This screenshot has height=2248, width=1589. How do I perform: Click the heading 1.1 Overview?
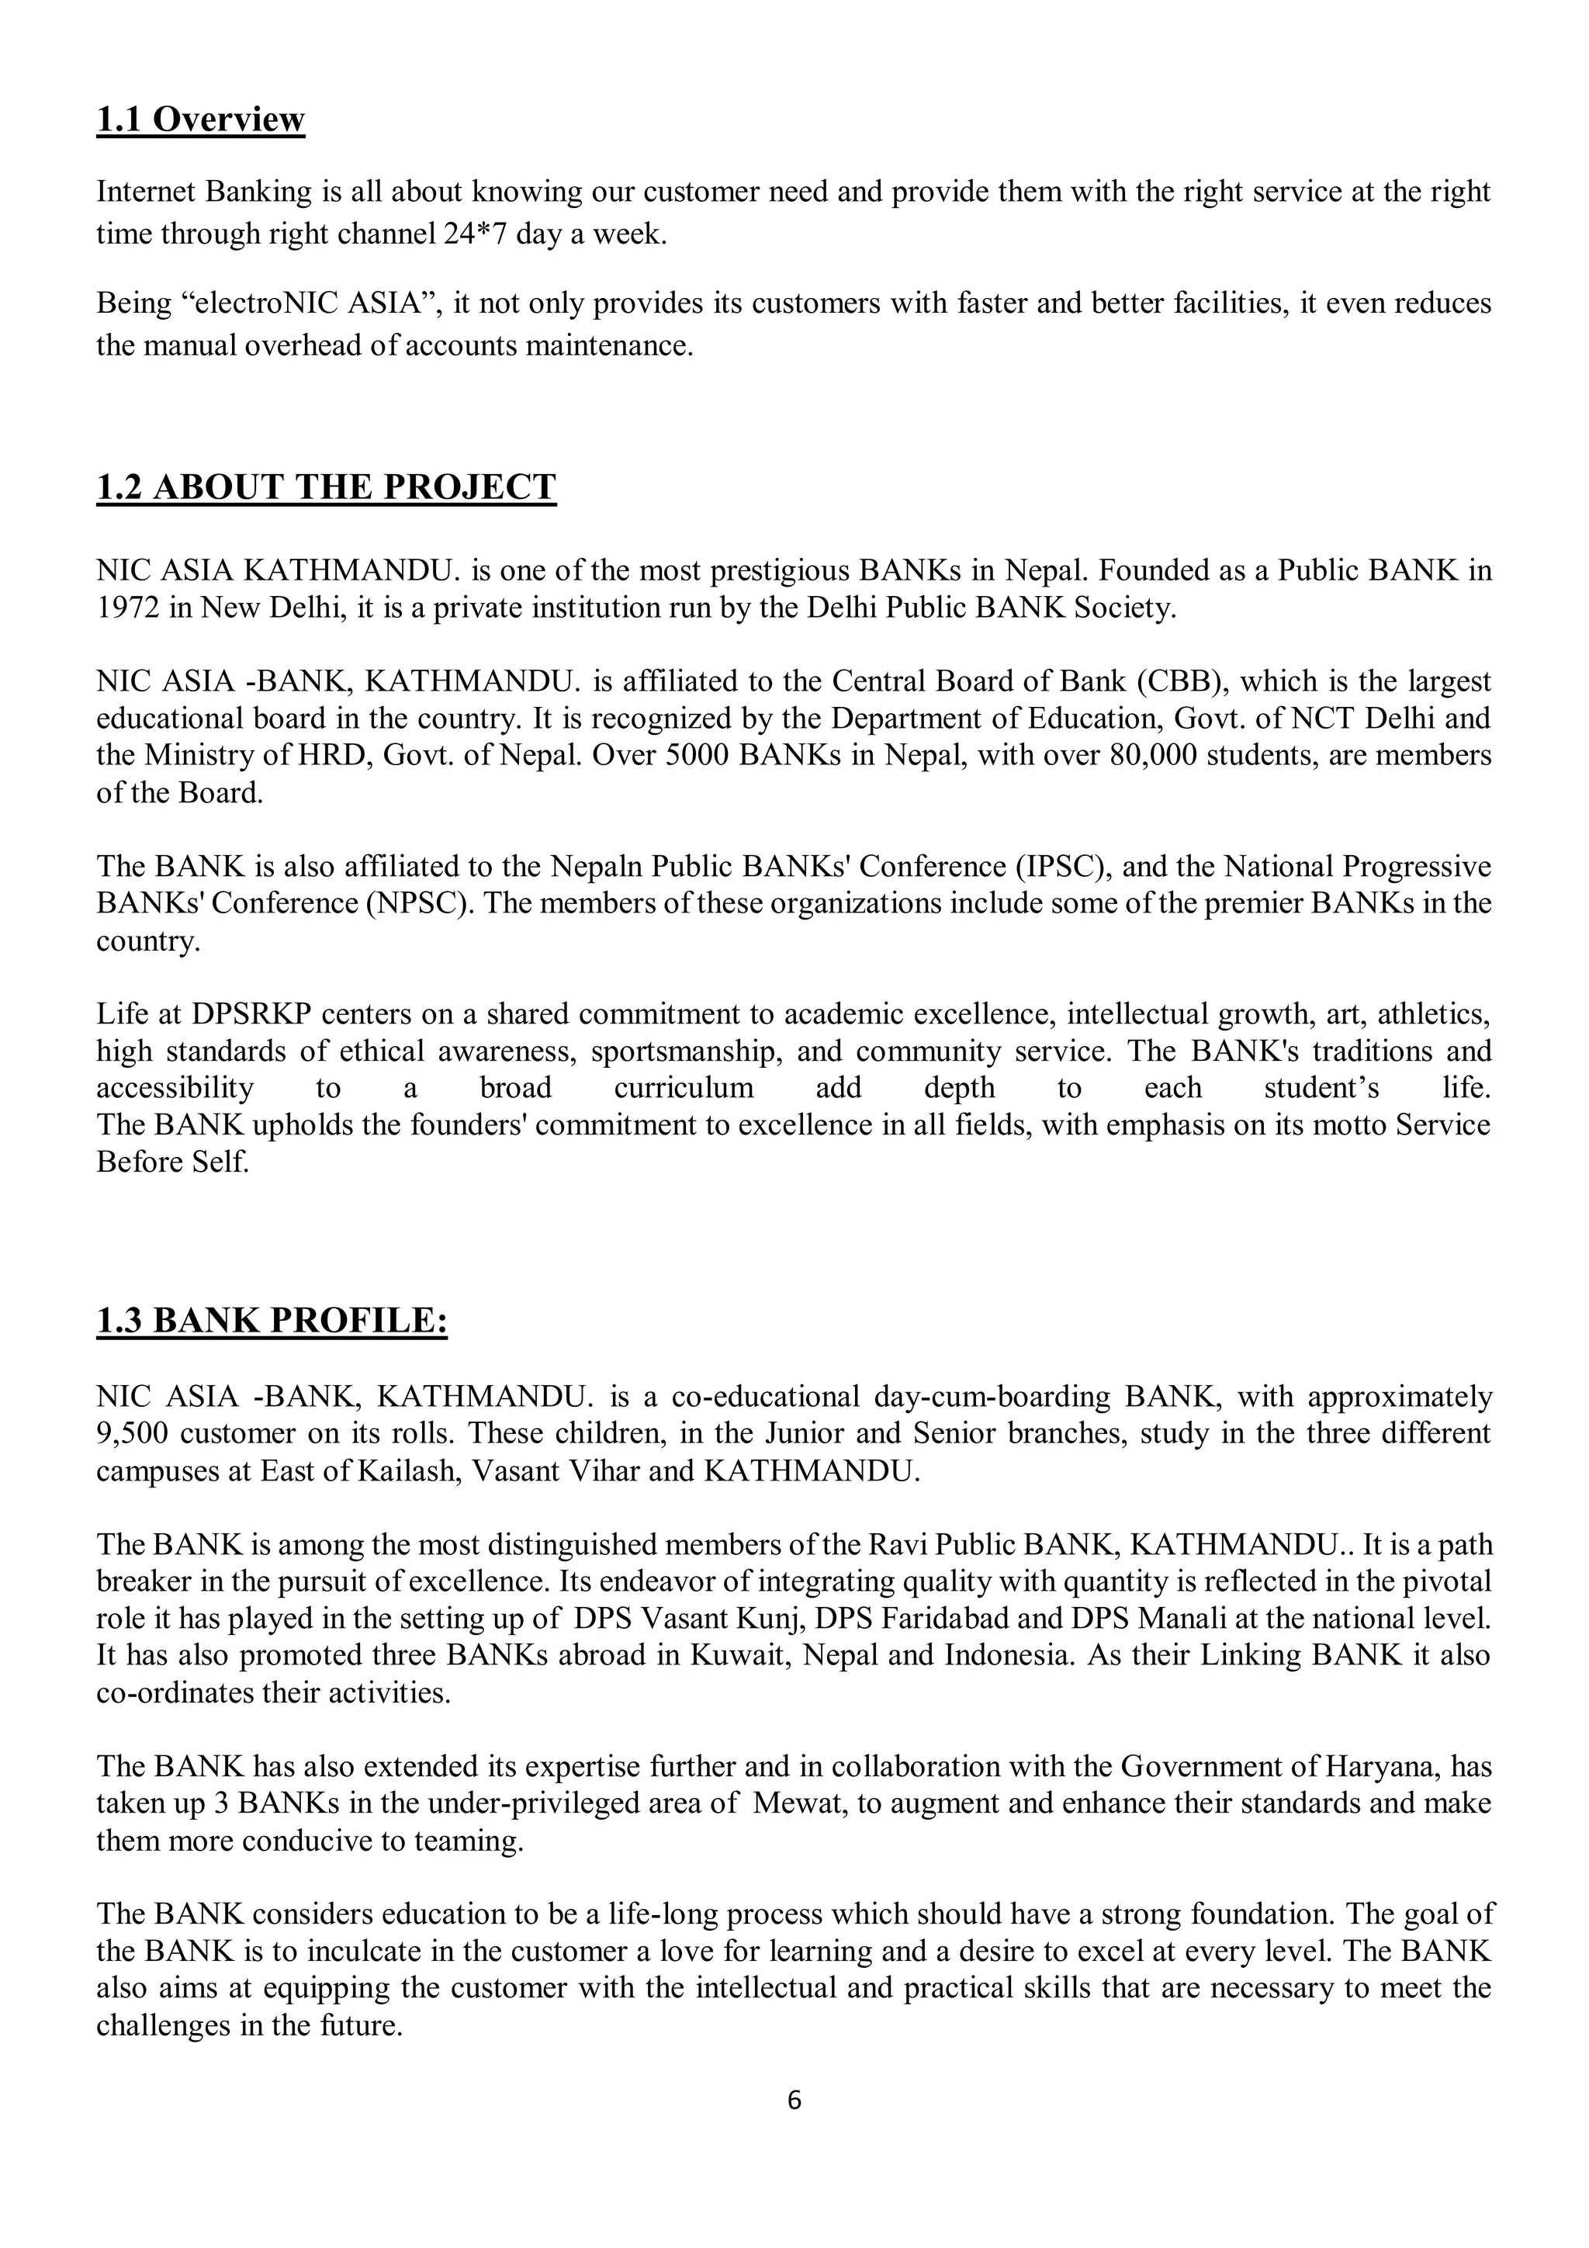(x=201, y=120)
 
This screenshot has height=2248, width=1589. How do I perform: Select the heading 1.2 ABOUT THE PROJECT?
(x=326, y=487)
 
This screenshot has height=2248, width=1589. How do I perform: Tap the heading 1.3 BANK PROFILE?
(x=272, y=1321)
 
